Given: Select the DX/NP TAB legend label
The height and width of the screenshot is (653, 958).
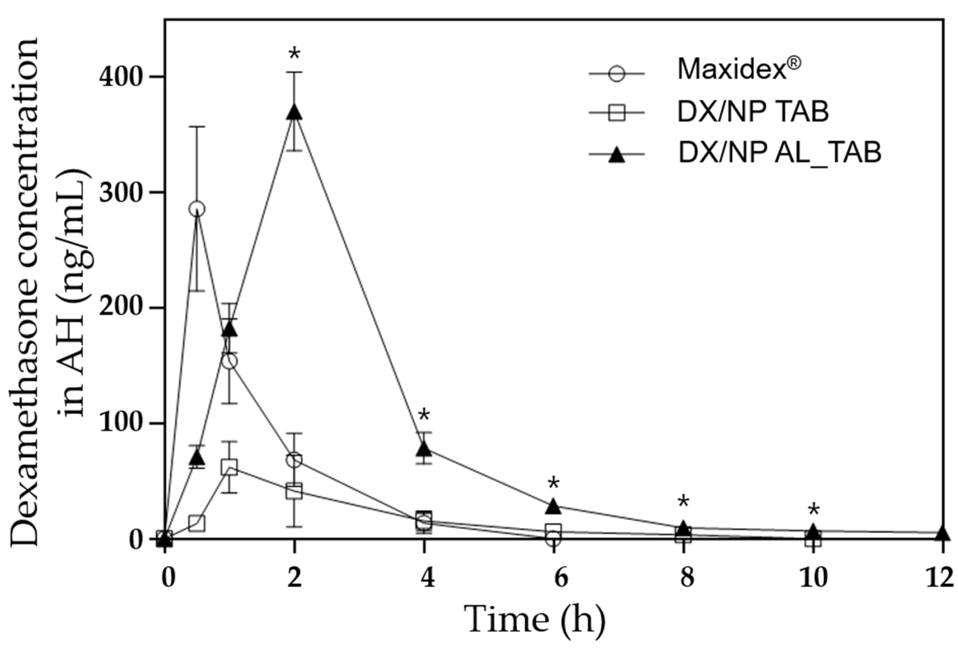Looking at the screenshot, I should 753,112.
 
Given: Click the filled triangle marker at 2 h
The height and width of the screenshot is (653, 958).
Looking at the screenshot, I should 294,112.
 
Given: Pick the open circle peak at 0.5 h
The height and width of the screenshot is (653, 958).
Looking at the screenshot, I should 197,209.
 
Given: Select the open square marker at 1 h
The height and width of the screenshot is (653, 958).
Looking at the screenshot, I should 229,467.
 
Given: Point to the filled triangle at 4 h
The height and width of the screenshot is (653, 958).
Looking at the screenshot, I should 424,449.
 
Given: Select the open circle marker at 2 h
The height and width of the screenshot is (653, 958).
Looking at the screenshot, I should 294,460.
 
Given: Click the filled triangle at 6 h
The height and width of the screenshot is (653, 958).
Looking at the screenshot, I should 553,507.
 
